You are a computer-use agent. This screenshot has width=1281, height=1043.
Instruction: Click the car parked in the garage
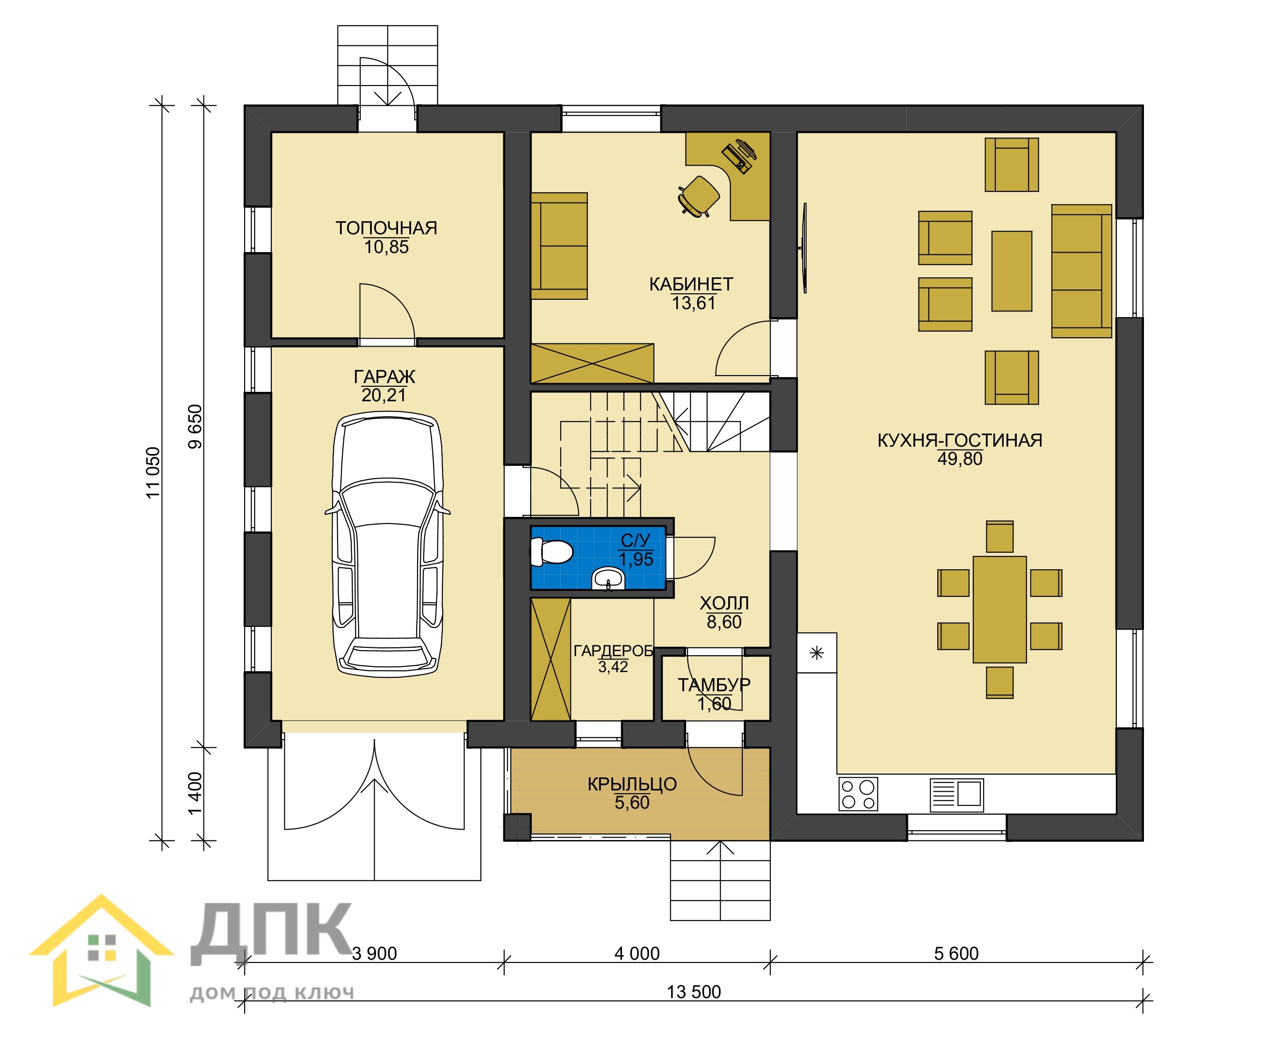tap(388, 544)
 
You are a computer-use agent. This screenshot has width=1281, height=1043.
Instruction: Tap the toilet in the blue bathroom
tap(551, 551)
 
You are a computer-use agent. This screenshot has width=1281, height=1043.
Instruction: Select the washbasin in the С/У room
tap(608, 580)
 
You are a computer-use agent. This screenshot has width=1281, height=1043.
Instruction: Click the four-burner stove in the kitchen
tap(859, 794)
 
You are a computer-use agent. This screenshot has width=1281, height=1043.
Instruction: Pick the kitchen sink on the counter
tap(956, 794)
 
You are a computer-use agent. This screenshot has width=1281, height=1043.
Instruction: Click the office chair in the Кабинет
tap(699, 195)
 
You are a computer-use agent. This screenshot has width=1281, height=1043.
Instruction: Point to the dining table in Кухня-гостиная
tap(1000, 609)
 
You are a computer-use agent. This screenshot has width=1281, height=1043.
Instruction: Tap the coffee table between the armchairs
tap(1012, 271)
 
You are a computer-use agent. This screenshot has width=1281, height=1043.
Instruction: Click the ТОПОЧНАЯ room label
tap(386, 228)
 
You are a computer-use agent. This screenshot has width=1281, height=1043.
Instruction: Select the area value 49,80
tap(960, 459)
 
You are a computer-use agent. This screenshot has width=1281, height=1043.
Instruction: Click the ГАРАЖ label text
tap(384, 377)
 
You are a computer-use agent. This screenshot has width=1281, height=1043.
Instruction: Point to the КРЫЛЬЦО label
tap(632, 784)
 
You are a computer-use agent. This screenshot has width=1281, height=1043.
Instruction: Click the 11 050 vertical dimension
tap(154, 472)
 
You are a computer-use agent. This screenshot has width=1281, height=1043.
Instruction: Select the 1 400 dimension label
tap(195, 794)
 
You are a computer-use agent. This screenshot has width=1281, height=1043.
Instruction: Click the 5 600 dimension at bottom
tap(956, 954)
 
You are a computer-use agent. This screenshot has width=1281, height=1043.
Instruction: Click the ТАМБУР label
tap(715, 685)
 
